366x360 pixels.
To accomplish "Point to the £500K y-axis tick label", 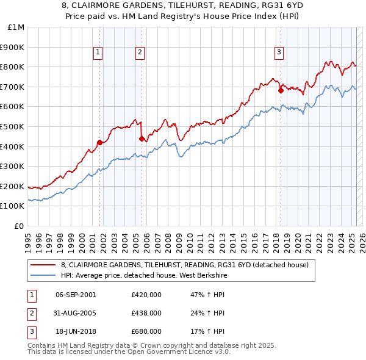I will pyautogui.click(x=13, y=126).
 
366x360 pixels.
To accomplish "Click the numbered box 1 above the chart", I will pyautogui.click(x=98, y=53).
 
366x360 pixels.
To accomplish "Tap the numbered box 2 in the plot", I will pyautogui.click(x=140, y=53).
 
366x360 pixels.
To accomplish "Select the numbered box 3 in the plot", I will pyautogui.click(x=279, y=53).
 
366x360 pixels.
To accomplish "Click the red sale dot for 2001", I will pyautogui.click(x=99, y=142).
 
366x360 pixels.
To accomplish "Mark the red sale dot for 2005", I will pyautogui.click(x=142, y=139).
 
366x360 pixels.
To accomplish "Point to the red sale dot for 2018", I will pyautogui.click(x=281, y=90).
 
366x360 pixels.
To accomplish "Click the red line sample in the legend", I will pyautogui.click(x=43, y=265).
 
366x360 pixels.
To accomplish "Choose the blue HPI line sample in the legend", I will pyautogui.click(x=43, y=275).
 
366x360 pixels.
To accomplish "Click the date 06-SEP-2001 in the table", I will pyautogui.click(x=76, y=295).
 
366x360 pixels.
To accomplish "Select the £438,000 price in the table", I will pyautogui.click(x=146, y=313).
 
